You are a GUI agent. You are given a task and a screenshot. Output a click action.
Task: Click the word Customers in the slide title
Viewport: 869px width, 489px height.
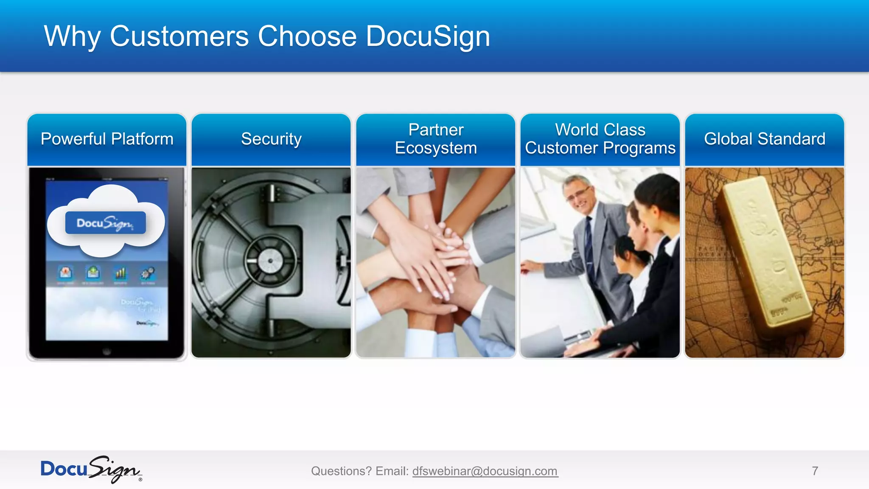click(x=179, y=37)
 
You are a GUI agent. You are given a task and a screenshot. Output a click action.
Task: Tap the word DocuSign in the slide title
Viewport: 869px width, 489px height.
click(x=428, y=37)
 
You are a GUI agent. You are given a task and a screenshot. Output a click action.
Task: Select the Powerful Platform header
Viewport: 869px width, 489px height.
click(x=107, y=139)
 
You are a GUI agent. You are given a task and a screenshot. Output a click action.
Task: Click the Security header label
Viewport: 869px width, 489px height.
click(x=271, y=139)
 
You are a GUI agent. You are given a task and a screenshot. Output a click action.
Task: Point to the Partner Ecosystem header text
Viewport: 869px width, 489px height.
click(x=436, y=139)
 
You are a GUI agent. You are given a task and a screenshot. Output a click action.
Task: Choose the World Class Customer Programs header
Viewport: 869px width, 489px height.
click(x=600, y=139)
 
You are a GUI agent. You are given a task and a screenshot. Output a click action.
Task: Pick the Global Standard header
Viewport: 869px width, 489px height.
click(x=765, y=139)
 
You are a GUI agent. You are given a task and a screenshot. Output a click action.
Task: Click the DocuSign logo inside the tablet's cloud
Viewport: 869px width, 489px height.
click(x=105, y=223)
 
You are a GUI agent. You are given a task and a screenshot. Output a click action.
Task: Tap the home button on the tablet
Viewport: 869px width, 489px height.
click(x=107, y=351)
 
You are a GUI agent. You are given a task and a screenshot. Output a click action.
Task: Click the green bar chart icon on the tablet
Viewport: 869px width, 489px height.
click(x=121, y=273)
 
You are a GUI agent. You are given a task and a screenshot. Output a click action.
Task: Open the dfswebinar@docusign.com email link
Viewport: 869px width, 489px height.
click(x=485, y=471)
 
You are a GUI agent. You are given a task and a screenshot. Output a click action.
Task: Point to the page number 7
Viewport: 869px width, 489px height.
click(x=815, y=471)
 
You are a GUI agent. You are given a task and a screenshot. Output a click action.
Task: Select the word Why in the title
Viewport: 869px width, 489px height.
click(x=72, y=37)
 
